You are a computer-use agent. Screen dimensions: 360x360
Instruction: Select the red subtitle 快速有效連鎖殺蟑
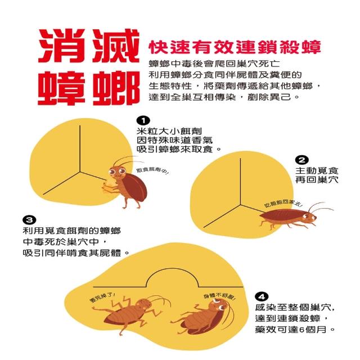tap(235, 47)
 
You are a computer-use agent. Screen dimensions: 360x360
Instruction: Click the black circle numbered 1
tap(143, 120)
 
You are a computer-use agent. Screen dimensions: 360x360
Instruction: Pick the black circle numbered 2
tap(301, 160)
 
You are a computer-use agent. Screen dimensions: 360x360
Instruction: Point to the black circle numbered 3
tap(29, 220)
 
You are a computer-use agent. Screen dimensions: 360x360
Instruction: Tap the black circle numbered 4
tap(262, 296)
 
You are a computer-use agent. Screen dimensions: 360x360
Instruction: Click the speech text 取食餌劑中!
tap(152, 171)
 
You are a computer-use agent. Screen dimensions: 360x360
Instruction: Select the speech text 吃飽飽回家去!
tap(282, 203)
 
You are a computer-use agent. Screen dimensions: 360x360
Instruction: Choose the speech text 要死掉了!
tap(102, 298)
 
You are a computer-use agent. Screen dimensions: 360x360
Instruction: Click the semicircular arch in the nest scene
tap(172, 269)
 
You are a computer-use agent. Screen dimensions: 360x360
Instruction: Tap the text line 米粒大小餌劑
tap(169, 131)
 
